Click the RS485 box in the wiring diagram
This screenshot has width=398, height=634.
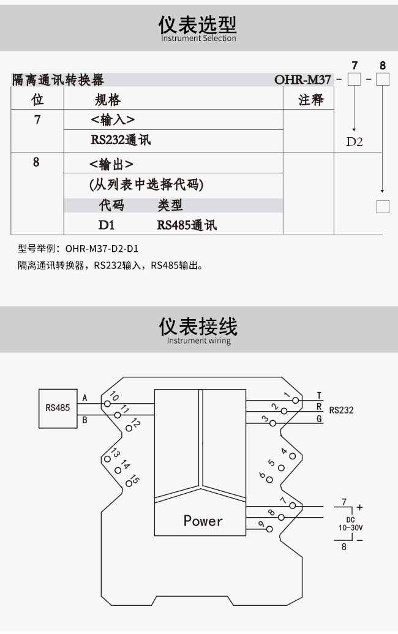pyautogui.click(x=58, y=409)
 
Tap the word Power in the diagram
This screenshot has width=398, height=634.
pyautogui.click(x=203, y=521)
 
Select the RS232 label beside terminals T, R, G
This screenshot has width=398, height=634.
pyautogui.click(x=341, y=410)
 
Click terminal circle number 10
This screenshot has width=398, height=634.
pyautogui.click(x=108, y=404)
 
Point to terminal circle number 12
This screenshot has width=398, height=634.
pyautogui.click(x=129, y=428)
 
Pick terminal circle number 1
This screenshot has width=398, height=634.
pyautogui.click(x=296, y=400)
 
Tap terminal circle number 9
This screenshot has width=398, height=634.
pyautogui.click(x=269, y=529)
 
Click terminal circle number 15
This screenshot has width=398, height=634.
pyautogui.click(x=129, y=483)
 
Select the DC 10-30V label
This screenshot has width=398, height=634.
pyautogui.click(x=350, y=524)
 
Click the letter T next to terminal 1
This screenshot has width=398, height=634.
pyautogui.click(x=319, y=396)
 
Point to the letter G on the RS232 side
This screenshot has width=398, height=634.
pyautogui.click(x=319, y=419)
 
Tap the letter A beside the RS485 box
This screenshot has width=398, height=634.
pyautogui.click(x=85, y=398)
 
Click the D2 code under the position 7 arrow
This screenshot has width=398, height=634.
pyautogui.click(x=355, y=142)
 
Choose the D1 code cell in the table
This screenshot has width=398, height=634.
pyautogui.click(x=107, y=225)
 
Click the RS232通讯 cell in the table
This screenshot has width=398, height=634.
pyautogui.click(x=121, y=140)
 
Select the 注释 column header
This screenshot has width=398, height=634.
pyautogui.click(x=311, y=100)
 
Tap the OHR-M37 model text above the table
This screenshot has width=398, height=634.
pyautogui.click(x=302, y=80)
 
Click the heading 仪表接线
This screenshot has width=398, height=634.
pyautogui.click(x=198, y=326)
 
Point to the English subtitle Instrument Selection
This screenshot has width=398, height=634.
pyautogui.click(x=198, y=39)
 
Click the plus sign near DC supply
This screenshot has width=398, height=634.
pyautogui.click(x=359, y=507)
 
